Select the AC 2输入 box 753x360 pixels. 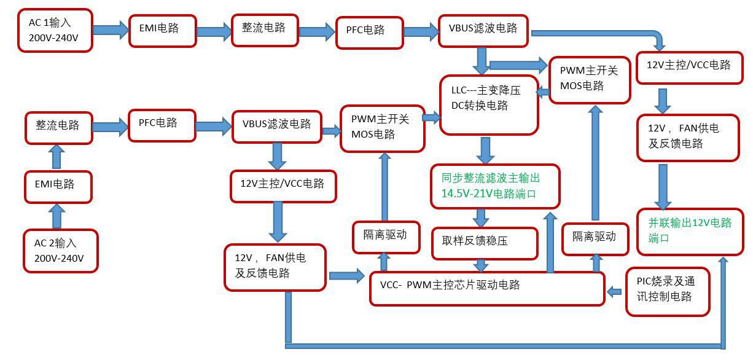coord(60,251)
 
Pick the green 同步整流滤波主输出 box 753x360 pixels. coord(495,186)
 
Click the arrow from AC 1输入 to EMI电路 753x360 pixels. coord(111,29)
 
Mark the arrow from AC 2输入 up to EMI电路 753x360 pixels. coord(57,216)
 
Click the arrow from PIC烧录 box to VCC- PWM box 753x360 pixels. coord(614,292)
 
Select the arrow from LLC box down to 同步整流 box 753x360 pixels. coord(486,149)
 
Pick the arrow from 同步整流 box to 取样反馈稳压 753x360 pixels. coord(480,217)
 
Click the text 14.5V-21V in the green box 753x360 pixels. coord(466,194)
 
